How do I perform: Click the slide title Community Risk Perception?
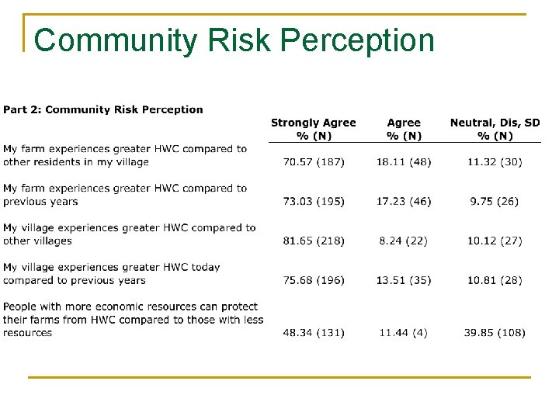click(234, 40)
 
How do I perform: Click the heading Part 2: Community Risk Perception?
click(103, 109)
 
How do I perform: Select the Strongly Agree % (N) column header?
click(313, 129)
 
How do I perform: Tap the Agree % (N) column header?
click(404, 129)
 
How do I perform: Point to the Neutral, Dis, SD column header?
click(495, 129)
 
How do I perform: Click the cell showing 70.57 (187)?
click(314, 162)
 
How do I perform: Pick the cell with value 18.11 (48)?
click(404, 162)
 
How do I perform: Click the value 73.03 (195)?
click(314, 202)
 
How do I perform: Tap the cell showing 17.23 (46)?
click(404, 202)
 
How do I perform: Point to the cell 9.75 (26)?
click(495, 202)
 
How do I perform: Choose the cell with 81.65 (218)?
click(314, 241)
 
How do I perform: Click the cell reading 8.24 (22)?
click(404, 241)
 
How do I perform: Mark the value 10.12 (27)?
click(495, 241)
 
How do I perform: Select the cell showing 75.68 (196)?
click(314, 280)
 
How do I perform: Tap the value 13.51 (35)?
click(404, 280)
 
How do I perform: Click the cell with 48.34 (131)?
click(314, 333)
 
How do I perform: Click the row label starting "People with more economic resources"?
click(133, 320)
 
